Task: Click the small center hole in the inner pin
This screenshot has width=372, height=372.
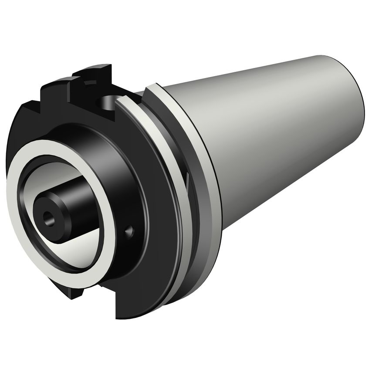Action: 47,215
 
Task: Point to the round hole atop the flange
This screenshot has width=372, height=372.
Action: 106,103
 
